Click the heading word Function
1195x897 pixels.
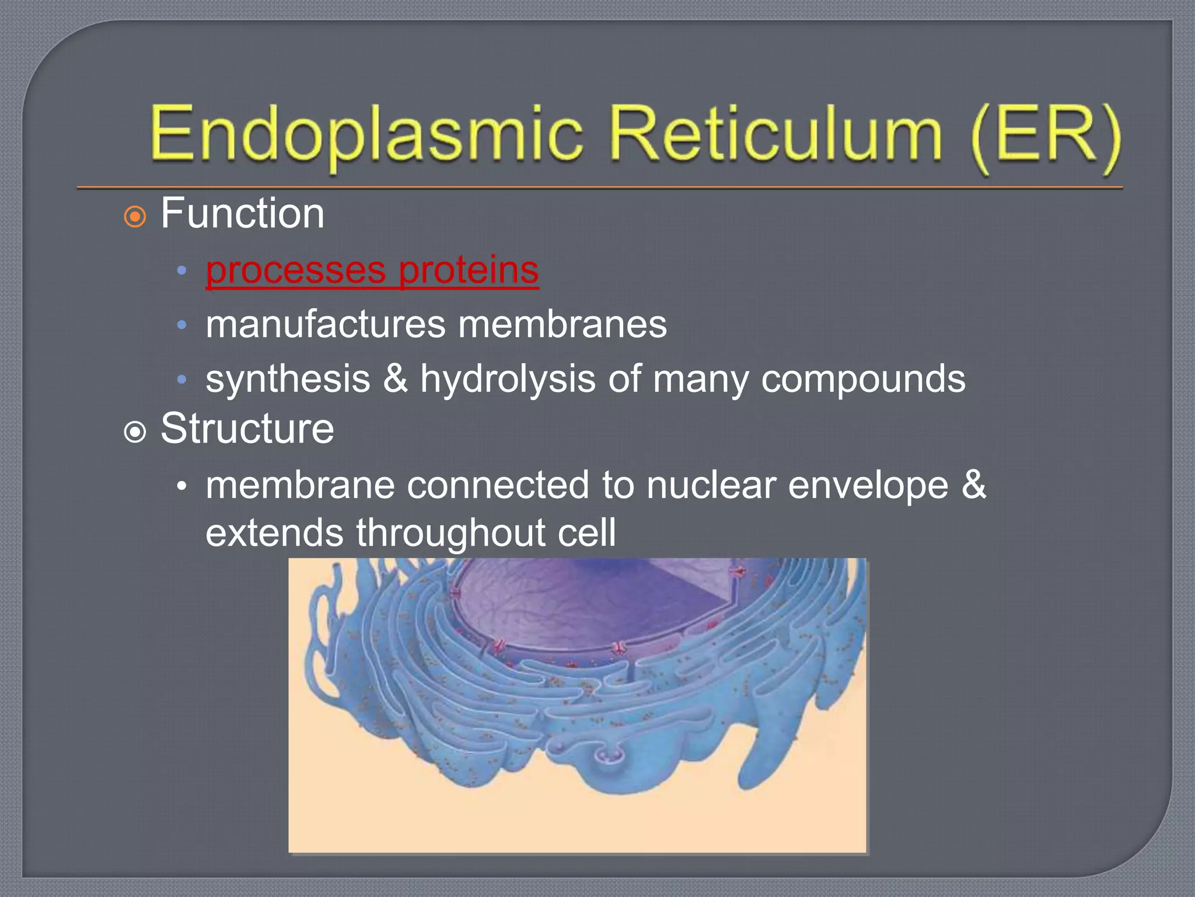coord(242,214)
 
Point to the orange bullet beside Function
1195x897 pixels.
coord(135,217)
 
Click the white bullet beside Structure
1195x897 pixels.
coord(135,433)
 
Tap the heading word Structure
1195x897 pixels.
coord(247,429)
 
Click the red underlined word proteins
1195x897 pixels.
coord(469,270)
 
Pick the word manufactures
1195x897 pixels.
coord(325,325)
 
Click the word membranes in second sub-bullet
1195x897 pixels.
coord(562,325)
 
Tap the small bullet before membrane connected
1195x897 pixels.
coord(182,486)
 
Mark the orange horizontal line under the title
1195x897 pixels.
coord(600,188)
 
